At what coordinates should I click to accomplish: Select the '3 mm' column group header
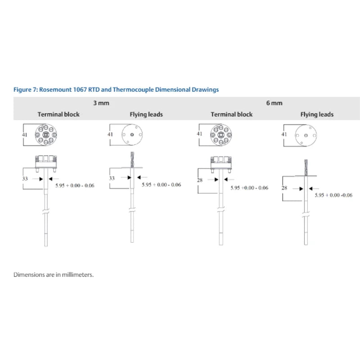[101, 103]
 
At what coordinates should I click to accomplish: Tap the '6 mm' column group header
[274, 103]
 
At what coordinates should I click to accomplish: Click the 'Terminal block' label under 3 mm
[58, 114]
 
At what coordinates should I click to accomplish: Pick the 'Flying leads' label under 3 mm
[146, 114]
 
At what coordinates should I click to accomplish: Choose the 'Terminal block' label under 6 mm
[232, 114]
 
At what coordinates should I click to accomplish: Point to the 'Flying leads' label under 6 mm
[317, 114]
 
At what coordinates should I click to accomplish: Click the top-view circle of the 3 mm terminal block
[46, 135]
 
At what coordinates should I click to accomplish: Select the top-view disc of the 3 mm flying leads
[132, 135]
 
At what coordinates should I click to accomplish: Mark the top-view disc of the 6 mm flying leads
[306, 135]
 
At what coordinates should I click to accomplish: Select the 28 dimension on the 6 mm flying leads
[284, 188]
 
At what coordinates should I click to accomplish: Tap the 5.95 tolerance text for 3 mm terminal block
[75, 185]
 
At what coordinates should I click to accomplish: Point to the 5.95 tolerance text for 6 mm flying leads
[333, 195]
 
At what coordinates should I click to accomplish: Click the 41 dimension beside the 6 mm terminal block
[200, 134]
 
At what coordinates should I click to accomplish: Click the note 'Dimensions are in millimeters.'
[54, 274]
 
